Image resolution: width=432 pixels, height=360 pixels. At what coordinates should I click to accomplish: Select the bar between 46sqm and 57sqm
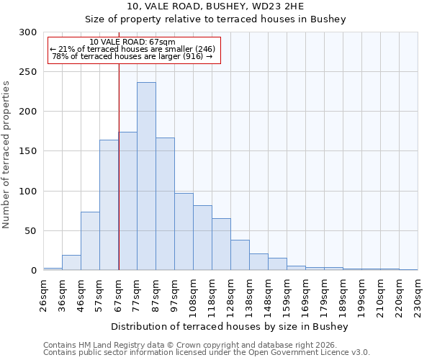(90, 241)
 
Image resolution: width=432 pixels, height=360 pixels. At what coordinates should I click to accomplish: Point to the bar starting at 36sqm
(71, 263)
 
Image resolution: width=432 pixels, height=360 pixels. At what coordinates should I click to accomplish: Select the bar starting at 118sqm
(221, 244)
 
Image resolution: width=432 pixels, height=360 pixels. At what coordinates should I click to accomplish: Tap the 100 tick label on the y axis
(28, 192)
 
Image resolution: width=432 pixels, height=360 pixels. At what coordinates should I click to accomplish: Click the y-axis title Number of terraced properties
(6, 154)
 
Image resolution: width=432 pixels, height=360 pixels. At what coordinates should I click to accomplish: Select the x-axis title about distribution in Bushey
(230, 326)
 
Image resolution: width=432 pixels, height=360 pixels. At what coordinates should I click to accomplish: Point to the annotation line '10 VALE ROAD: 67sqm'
(132, 42)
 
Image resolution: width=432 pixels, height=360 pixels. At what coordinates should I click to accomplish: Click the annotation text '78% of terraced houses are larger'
(132, 56)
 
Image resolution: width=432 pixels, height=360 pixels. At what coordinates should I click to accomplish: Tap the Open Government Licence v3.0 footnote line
(206, 353)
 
